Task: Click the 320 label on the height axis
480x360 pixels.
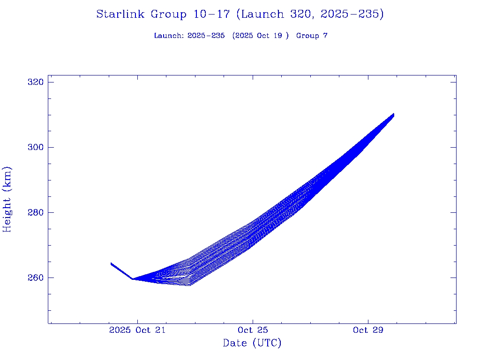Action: click(x=36, y=82)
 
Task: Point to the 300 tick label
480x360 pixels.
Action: click(x=36, y=148)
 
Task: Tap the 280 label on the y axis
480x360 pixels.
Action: click(x=36, y=213)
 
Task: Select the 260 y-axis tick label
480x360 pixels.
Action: click(x=36, y=278)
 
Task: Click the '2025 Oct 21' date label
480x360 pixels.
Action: click(x=137, y=330)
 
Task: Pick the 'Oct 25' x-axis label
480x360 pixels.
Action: click(x=253, y=330)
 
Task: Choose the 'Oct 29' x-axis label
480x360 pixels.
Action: click(x=368, y=330)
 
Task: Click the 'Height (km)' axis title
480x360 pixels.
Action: click(x=7, y=199)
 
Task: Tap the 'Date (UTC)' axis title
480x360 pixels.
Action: click(x=252, y=344)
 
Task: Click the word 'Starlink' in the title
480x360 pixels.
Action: click(x=121, y=15)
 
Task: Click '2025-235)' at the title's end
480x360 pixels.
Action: click(x=352, y=15)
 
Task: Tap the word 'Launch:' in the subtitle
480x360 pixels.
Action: click(x=169, y=36)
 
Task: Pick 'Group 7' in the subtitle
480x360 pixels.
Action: click(x=312, y=36)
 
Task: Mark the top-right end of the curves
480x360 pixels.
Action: click(x=393, y=114)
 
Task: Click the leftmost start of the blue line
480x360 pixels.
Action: click(x=111, y=263)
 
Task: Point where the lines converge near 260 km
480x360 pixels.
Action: click(x=133, y=279)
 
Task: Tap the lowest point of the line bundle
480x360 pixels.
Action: click(x=189, y=285)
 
